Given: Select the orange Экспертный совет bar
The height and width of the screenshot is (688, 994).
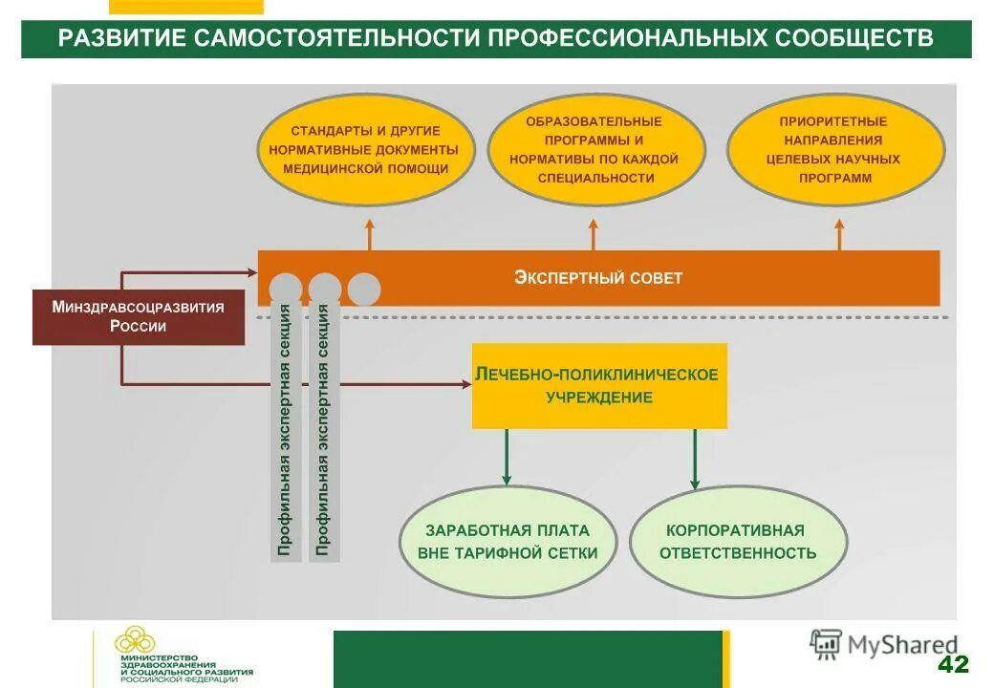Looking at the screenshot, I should point(598,278).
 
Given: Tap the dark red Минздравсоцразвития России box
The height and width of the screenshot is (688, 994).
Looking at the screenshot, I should point(139,316).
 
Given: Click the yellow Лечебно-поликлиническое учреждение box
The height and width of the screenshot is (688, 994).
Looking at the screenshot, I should point(599,385).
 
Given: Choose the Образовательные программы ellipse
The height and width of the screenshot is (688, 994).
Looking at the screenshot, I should point(595,150).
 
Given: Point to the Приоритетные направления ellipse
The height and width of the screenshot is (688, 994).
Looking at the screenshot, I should point(835,150).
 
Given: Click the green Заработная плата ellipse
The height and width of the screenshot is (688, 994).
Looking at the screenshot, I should point(508,542).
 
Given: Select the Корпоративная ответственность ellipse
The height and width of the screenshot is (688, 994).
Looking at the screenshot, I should point(738,542).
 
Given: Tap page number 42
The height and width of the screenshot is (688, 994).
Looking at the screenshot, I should point(952,665).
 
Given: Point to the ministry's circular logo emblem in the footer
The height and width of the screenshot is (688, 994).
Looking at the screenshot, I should point(134,639).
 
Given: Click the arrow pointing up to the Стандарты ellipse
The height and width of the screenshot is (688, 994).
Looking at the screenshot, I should point(370,234).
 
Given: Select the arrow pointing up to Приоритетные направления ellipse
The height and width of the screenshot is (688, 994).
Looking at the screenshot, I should point(839,234).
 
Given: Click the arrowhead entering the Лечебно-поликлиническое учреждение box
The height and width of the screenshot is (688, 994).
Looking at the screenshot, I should point(465,385).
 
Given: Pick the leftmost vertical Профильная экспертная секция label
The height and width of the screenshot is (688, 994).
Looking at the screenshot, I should point(285,430).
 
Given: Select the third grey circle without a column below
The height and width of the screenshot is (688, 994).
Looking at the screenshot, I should point(364,289).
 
